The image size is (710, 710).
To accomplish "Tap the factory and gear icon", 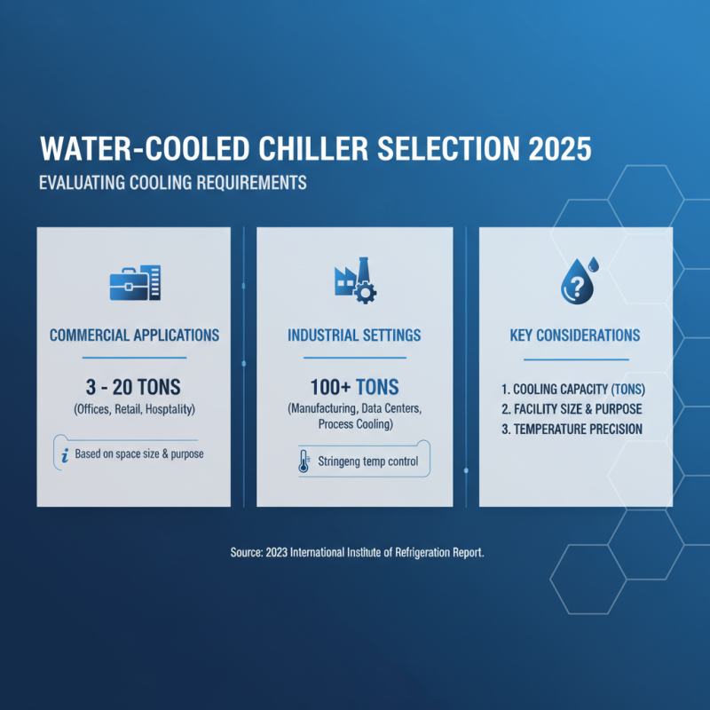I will pyautogui.click(x=354, y=280).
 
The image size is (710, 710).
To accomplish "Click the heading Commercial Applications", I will pyautogui.click(x=134, y=336).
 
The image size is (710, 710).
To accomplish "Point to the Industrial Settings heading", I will pyautogui.click(x=354, y=336).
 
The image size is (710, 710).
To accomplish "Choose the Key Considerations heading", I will pyautogui.click(x=575, y=336).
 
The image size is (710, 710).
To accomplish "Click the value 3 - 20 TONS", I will pyautogui.click(x=134, y=386).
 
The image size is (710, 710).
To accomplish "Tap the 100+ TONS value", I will pyautogui.click(x=354, y=386).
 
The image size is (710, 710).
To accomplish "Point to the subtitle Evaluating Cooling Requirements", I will pyautogui.click(x=173, y=184).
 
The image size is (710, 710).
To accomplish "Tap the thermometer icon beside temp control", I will pyautogui.click(x=304, y=462).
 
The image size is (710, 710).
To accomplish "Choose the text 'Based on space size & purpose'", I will pyautogui.click(x=140, y=454).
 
